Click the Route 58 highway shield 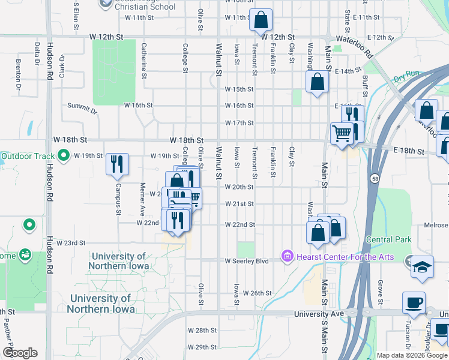(374, 179)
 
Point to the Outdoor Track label (27, 157)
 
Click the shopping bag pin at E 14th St (317, 82)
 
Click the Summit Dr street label (82, 107)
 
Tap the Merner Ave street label (143, 200)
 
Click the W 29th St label (202, 347)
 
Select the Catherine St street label (144, 60)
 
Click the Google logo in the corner (20, 353)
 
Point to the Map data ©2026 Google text (412, 355)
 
